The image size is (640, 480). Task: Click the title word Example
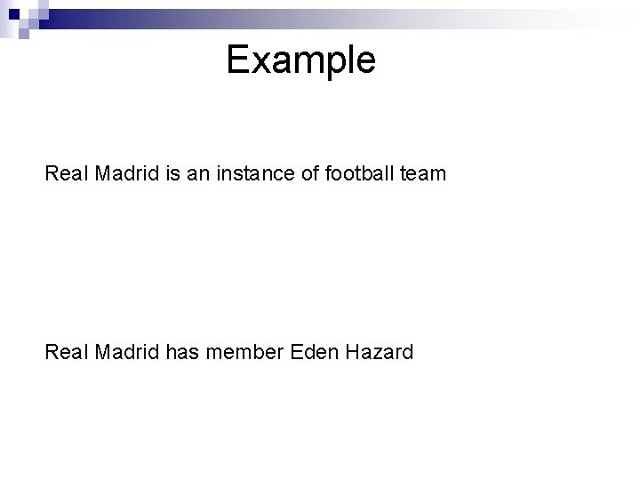click(x=300, y=60)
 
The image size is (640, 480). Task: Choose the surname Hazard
click(x=380, y=353)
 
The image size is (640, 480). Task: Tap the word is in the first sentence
click(x=172, y=174)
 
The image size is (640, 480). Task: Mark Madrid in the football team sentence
click(x=127, y=174)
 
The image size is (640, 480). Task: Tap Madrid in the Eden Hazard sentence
click(x=127, y=353)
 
